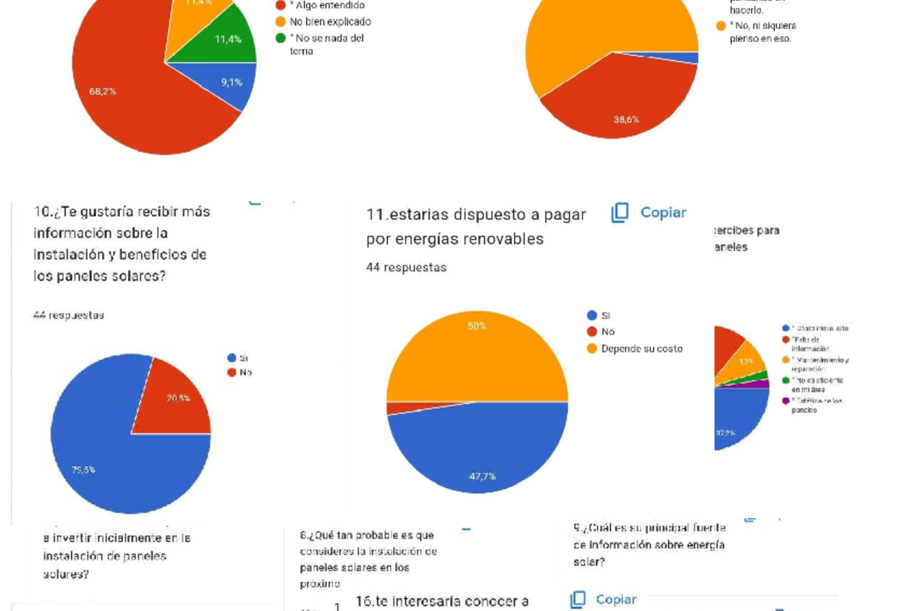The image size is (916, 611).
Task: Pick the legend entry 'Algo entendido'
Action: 321,5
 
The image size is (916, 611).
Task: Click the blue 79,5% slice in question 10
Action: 107,466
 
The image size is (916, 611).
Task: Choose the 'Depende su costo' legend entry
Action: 641,348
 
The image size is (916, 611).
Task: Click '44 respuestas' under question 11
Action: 406,267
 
